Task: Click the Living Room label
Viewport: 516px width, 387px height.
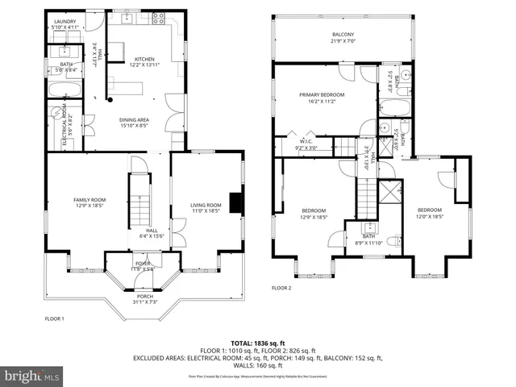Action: pos(205,207)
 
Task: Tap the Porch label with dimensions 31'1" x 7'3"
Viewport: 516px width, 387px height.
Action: pos(144,298)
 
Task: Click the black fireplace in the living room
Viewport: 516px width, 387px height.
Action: pos(235,202)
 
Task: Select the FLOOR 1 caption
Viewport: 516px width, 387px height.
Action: pos(54,318)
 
